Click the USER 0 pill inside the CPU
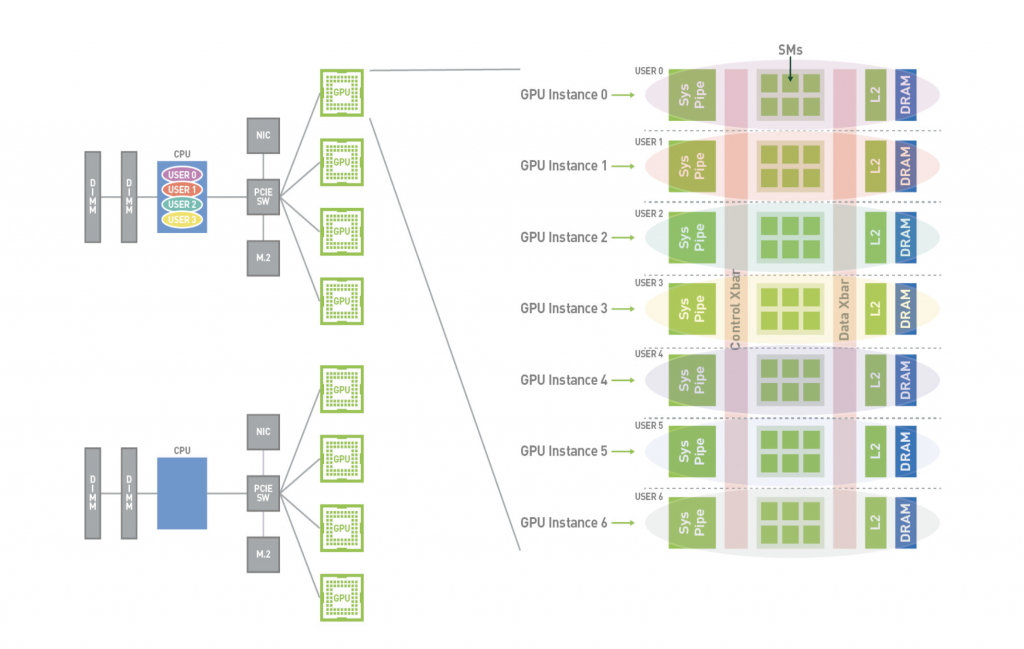[x=181, y=174]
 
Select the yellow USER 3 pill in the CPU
[x=181, y=219]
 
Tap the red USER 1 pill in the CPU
[x=181, y=189]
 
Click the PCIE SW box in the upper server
[x=263, y=197]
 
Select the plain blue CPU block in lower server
[x=182, y=493]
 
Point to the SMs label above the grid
[x=790, y=49]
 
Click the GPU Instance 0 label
[x=564, y=95]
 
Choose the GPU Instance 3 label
[x=564, y=308]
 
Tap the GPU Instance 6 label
[x=564, y=523]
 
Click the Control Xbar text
[x=736, y=309]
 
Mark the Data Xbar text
[x=844, y=309]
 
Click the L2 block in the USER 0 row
[x=875, y=95]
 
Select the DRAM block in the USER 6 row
[x=906, y=523]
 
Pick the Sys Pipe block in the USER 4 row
[x=692, y=380]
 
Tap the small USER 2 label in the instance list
[x=649, y=214]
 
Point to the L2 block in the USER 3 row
[x=875, y=308]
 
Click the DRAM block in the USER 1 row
[x=906, y=166]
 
